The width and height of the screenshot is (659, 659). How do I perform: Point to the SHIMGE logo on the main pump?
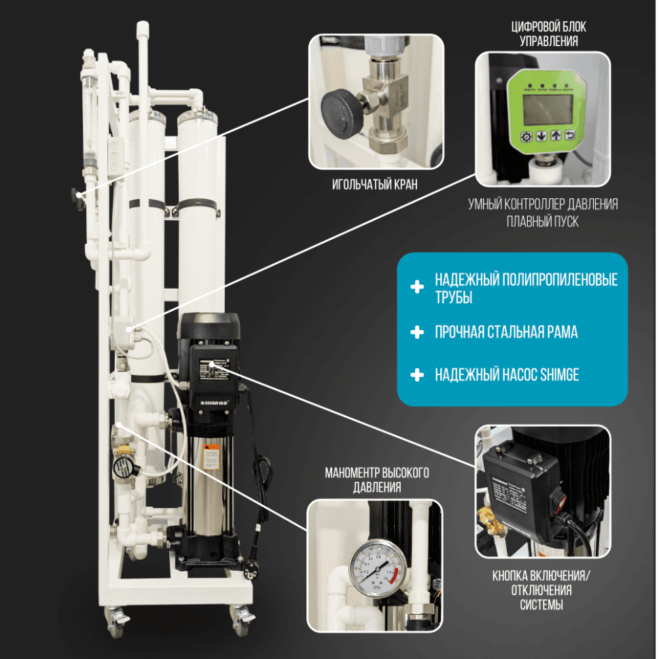213,402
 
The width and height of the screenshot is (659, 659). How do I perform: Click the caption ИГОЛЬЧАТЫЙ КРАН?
376,184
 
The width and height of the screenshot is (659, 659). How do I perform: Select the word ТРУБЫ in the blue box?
453,298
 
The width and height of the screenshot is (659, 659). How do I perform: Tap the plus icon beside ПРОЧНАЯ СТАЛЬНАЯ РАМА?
417,332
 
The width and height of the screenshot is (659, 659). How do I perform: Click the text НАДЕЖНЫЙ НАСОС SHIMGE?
506,374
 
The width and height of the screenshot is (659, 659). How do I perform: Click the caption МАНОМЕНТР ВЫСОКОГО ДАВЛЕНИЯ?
377,480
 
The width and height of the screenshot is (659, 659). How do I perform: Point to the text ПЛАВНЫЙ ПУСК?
543,221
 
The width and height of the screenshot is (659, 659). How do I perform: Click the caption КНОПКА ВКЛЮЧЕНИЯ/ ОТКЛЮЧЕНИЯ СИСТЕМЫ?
541,590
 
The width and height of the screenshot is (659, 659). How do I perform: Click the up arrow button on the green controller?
556,136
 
